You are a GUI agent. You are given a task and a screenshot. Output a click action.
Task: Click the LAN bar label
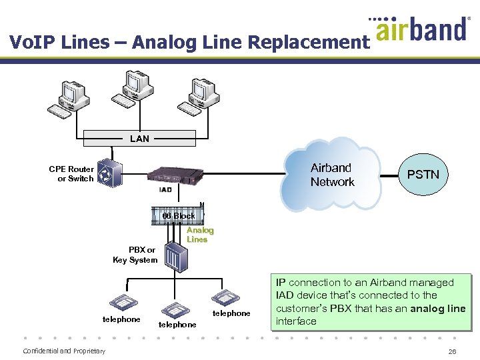[x=139, y=139]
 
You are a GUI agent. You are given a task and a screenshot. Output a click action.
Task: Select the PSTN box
[x=423, y=175]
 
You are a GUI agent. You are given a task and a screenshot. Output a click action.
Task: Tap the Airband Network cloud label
[x=331, y=175]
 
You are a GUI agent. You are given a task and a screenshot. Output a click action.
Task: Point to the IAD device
[x=175, y=176]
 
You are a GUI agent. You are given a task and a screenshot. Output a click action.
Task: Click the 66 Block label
[x=179, y=216]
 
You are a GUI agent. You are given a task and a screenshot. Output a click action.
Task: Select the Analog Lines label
[x=200, y=235]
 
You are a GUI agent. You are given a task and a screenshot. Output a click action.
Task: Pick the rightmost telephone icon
[x=227, y=297]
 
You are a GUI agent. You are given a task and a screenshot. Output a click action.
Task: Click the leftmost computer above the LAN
[x=69, y=99]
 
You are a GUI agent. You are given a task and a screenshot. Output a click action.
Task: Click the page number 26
[x=453, y=351]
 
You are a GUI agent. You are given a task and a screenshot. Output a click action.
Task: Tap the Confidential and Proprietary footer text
[x=64, y=351]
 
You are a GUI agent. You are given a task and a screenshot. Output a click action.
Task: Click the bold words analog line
[x=437, y=308]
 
